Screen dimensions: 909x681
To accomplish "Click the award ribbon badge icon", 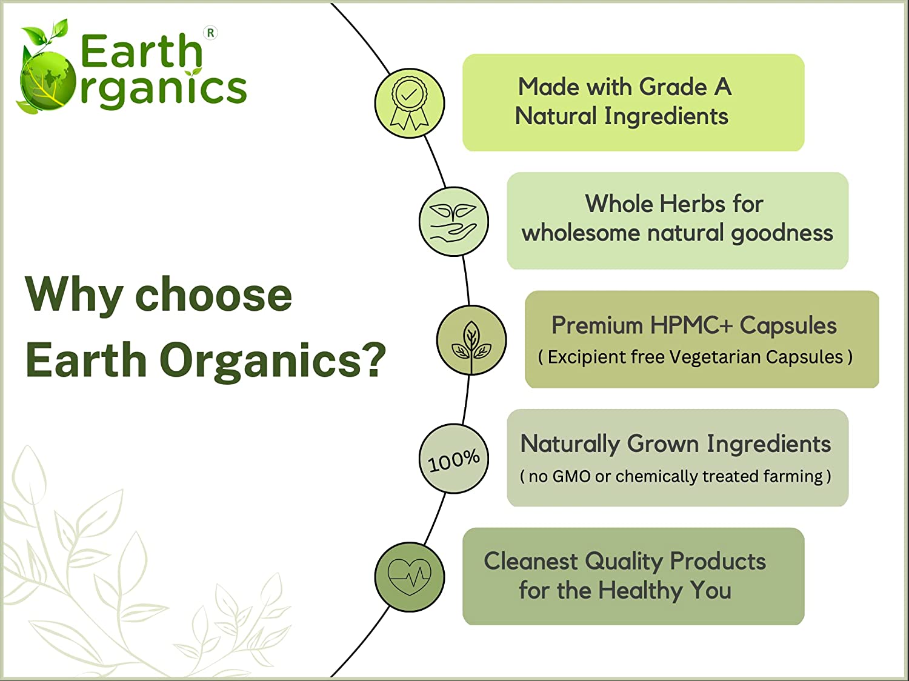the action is point(409,104).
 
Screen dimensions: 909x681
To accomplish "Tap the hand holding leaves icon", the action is point(453,222).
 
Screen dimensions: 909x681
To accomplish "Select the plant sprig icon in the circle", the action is point(471,340).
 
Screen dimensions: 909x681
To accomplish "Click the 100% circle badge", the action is point(454,459).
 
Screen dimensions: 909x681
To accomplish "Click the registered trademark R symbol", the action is point(210,33).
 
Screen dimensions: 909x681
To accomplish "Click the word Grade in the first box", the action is point(673,87).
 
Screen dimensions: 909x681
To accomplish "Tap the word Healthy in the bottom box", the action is point(641,590).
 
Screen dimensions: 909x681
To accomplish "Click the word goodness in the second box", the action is point(782,233).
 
